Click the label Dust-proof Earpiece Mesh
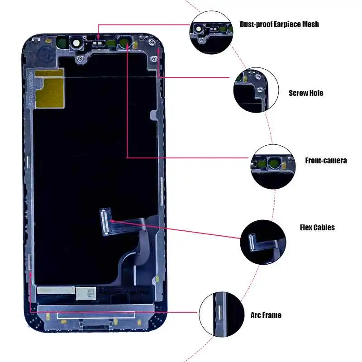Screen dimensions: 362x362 pos(279,24)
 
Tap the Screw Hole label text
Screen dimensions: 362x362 pos(306,93)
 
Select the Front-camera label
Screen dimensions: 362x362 pos(326,160)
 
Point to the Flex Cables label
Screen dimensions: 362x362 pos(317,227)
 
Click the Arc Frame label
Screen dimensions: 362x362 pos(266,315)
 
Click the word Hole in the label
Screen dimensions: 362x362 pos(316,93)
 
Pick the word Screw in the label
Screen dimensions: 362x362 pos(298,93)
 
